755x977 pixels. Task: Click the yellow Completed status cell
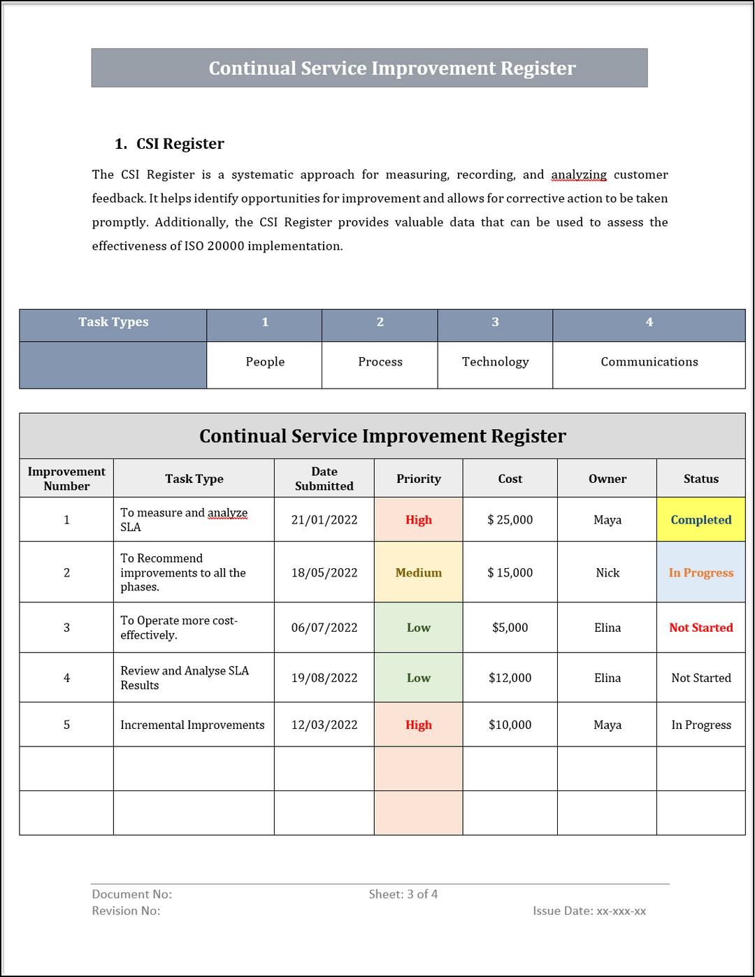pyautogui.click(x=700, y=519)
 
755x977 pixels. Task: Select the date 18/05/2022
pyautogui.click(x=324, y=572)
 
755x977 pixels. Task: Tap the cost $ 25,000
pyautogui.click(x=510, y=519)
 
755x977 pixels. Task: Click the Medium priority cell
pyautogui.click(x=418, y=572)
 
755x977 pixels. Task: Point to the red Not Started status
pyautogui.click(x=700, y=628)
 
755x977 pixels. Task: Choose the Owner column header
pyautogui.click(x=607, y=479)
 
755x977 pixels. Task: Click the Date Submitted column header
pyautogui.click(x=324, y=479)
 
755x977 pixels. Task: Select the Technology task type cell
pyautogui.click(x=495, y=362)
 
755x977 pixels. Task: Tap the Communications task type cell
pyautogui.click(x=649, y=362)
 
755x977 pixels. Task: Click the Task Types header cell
pyautogui.click(x=113, y=322)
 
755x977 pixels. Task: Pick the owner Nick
pyautogui.click(x=607, y=572)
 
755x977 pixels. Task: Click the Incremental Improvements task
pyautogui.click(x=192, y=725)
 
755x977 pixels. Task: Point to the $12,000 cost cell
pyautogui.click(x=510, y=678)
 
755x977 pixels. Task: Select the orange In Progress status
pyautogui.click(x=700, y=572)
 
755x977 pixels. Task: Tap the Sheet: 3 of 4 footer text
pyautogui.click(x=403, y=895)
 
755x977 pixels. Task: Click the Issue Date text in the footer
pyautogui.click(x=589, y=911)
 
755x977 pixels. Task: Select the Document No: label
pyautogui.click(x=131, y=895)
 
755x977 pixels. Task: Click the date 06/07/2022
pyautogui.click(x=324, y=628)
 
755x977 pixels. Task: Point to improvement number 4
pyautogui.click(x=66, y=678)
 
